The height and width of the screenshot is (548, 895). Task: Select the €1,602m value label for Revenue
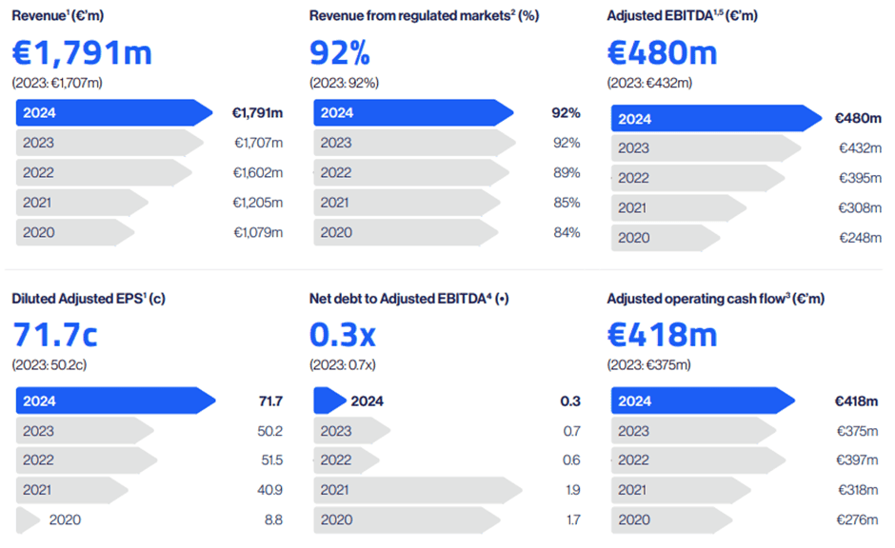(258, 172)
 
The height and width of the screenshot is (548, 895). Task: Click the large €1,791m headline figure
(82, 52)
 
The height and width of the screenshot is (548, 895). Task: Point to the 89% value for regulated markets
(566, 172)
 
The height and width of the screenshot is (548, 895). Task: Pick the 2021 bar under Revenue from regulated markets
(382, 203)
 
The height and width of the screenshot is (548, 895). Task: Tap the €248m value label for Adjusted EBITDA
(859, 238)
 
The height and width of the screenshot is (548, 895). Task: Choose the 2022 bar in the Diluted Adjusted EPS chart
(86, 460)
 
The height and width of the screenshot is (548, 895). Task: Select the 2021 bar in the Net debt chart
(417, 490)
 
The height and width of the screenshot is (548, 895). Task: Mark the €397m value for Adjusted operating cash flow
(855, 460)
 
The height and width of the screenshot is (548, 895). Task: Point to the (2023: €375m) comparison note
(649, 364)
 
